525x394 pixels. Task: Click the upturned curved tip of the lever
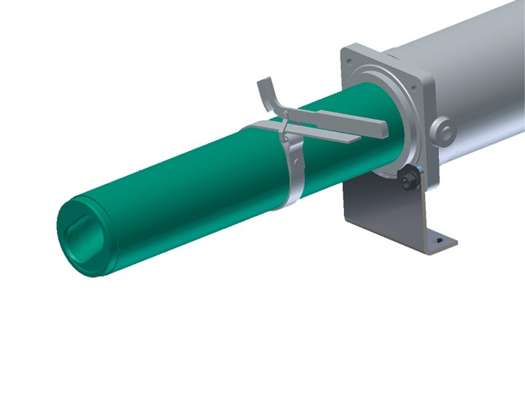265,91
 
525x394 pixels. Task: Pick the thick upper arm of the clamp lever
343,117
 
